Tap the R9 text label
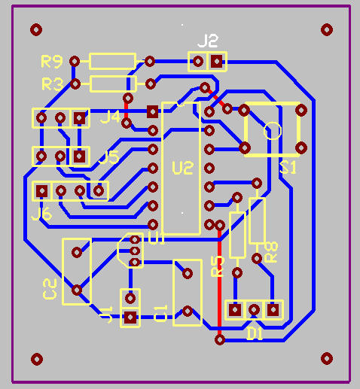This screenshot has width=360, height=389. point(52,60)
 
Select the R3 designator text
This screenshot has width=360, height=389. point(52,83)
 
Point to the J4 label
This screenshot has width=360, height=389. point(110,117)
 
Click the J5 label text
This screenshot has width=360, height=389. point(109,157)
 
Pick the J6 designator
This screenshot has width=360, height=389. point(42,215)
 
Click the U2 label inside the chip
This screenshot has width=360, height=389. point(182,167)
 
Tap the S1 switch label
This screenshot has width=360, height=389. point(288,168)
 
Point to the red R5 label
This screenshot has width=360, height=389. point(218,266)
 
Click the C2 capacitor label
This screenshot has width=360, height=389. point(50,288)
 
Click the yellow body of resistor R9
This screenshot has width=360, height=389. point(112,61)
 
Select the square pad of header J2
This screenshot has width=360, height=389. point(217,61)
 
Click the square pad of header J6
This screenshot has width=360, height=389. point(43,191)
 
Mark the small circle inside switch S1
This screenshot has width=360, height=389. point(273,130)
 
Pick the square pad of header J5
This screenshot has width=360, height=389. point(78,157)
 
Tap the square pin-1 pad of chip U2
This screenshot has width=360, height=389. point(153,111)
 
